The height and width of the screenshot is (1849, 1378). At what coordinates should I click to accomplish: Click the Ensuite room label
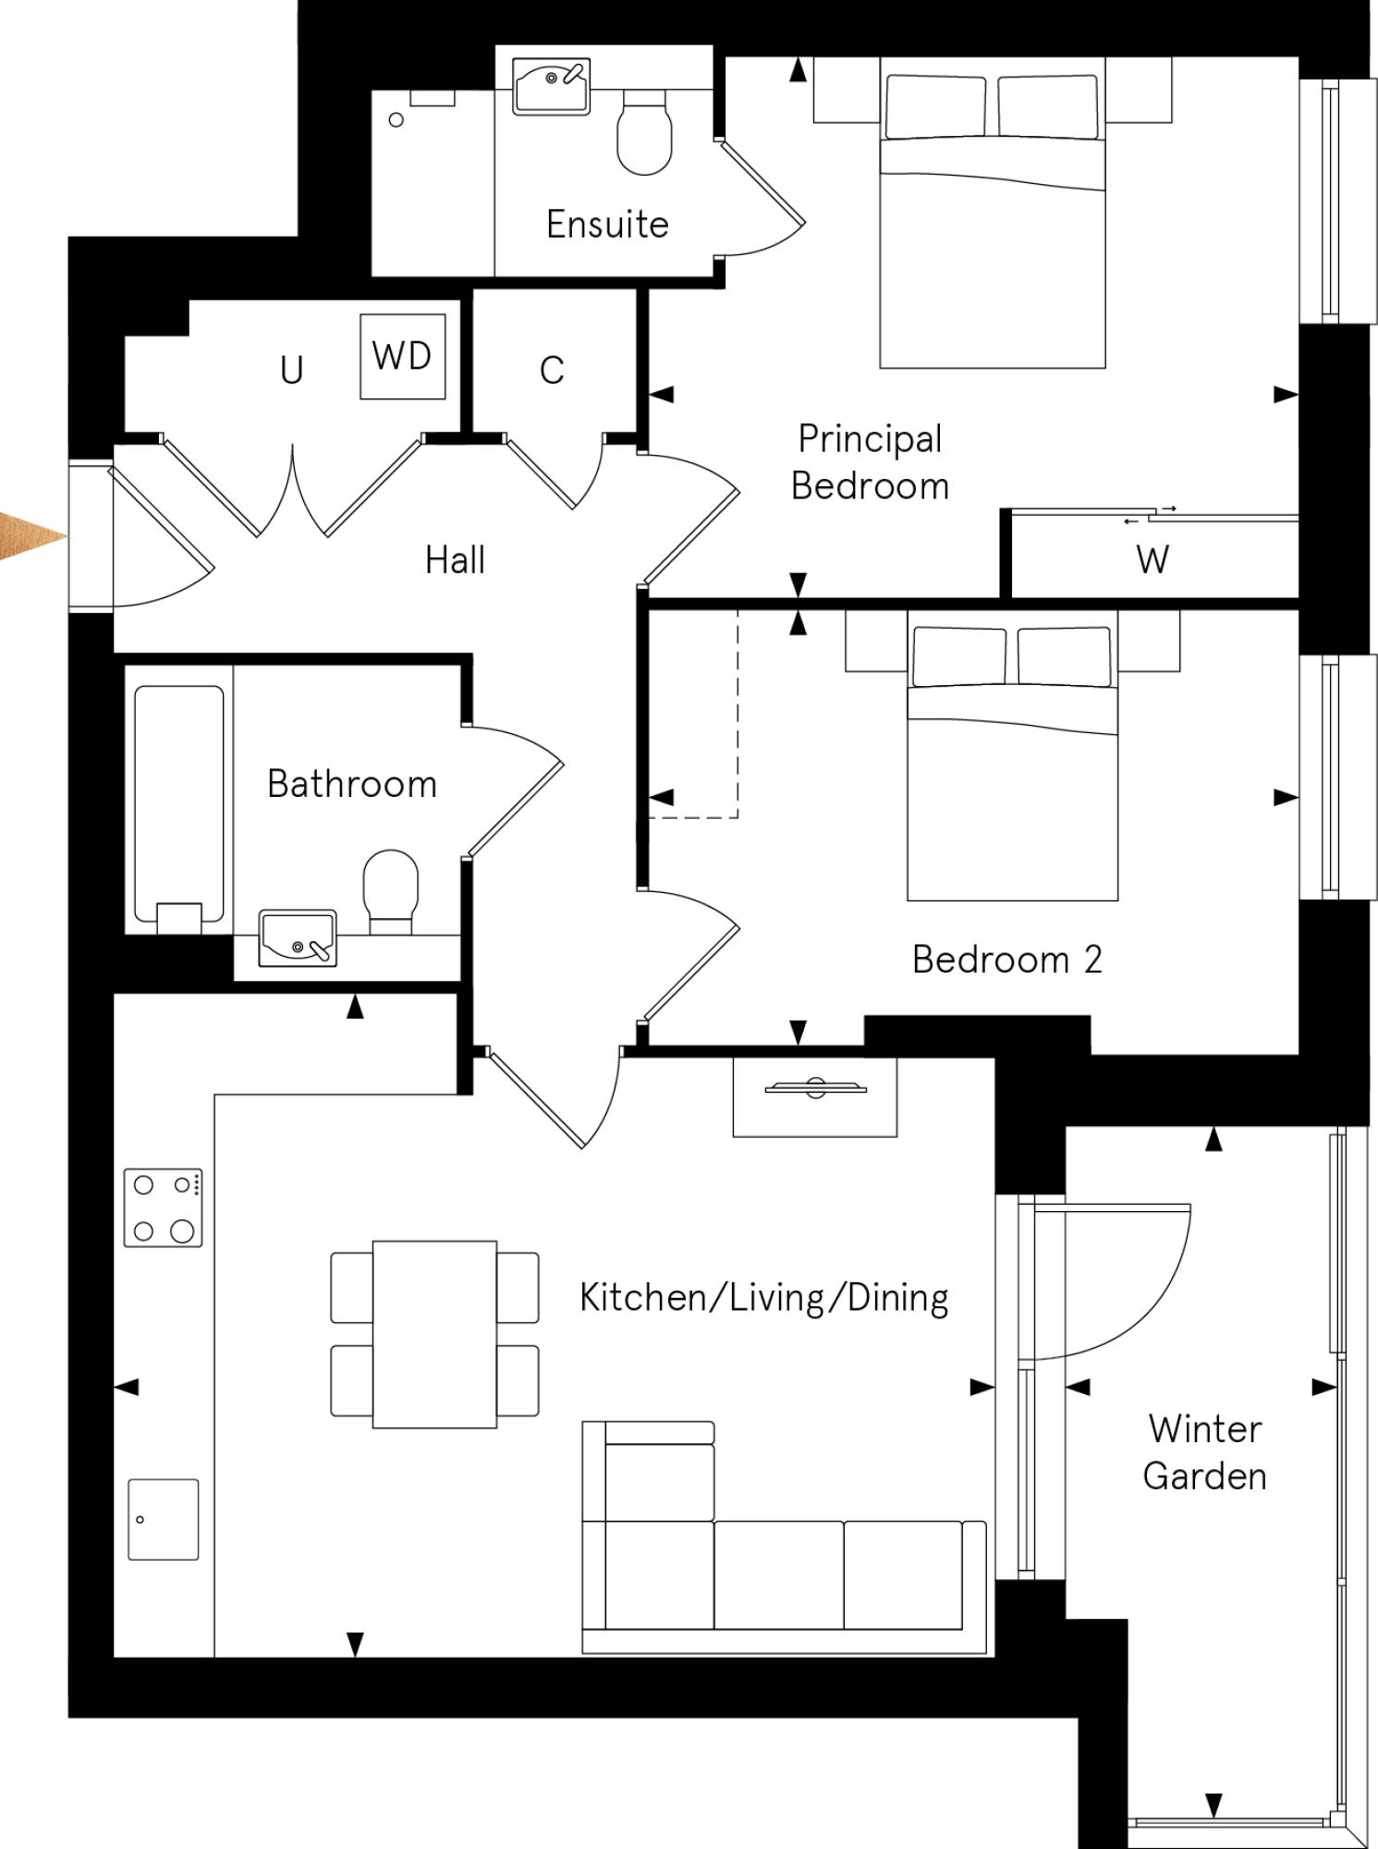point(607,225)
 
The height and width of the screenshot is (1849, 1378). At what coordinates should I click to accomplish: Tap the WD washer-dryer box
point(403,356)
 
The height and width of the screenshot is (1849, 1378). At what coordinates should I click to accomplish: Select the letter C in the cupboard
point(552,371)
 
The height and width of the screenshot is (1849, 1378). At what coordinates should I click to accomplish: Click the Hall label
point(455,560)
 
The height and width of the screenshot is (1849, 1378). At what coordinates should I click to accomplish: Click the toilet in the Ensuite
point(644,134)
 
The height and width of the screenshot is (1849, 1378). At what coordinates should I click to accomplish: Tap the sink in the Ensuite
point(552,86)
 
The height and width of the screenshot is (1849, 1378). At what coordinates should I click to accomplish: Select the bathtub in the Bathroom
point(179,802)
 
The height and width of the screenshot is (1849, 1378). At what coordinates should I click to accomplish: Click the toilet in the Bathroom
point(391,889)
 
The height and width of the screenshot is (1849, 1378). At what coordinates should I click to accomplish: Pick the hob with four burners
point(164,1207)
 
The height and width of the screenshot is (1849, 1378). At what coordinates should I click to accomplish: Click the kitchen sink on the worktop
point(164,1519)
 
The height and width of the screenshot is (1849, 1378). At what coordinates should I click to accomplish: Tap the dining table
point(434,1333)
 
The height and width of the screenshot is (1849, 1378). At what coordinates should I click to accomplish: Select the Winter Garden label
point(1204,1452)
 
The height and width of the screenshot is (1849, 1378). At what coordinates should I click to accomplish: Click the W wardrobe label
point(1152,560)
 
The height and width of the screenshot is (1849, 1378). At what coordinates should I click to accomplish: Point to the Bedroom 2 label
point(1007,960)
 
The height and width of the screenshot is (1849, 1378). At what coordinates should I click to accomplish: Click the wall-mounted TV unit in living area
point(814,1096)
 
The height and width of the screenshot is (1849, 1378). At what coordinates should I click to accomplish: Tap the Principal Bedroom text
point(870,462)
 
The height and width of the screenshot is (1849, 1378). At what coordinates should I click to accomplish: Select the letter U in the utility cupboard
point(292,371)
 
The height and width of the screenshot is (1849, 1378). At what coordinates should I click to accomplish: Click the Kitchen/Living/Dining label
point(763,1298)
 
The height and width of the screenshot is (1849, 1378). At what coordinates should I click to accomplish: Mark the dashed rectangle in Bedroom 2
point(693,712)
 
